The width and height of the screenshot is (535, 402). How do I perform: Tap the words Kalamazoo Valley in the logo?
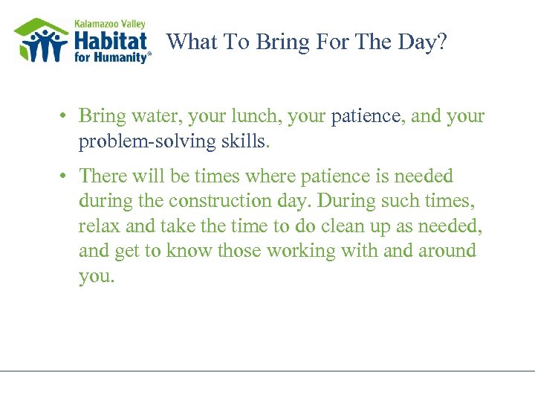click(110, 24)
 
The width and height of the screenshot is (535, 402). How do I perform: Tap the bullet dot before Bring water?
click(66, 117)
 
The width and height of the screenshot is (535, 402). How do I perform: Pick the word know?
click(192, 251)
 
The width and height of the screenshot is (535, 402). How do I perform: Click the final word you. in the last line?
click(97, 276)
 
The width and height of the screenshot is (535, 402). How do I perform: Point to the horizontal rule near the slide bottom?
click(267, 370)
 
